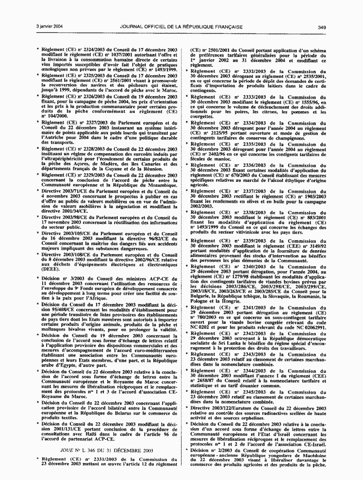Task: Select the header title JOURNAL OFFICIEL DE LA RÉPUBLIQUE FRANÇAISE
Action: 182,27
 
